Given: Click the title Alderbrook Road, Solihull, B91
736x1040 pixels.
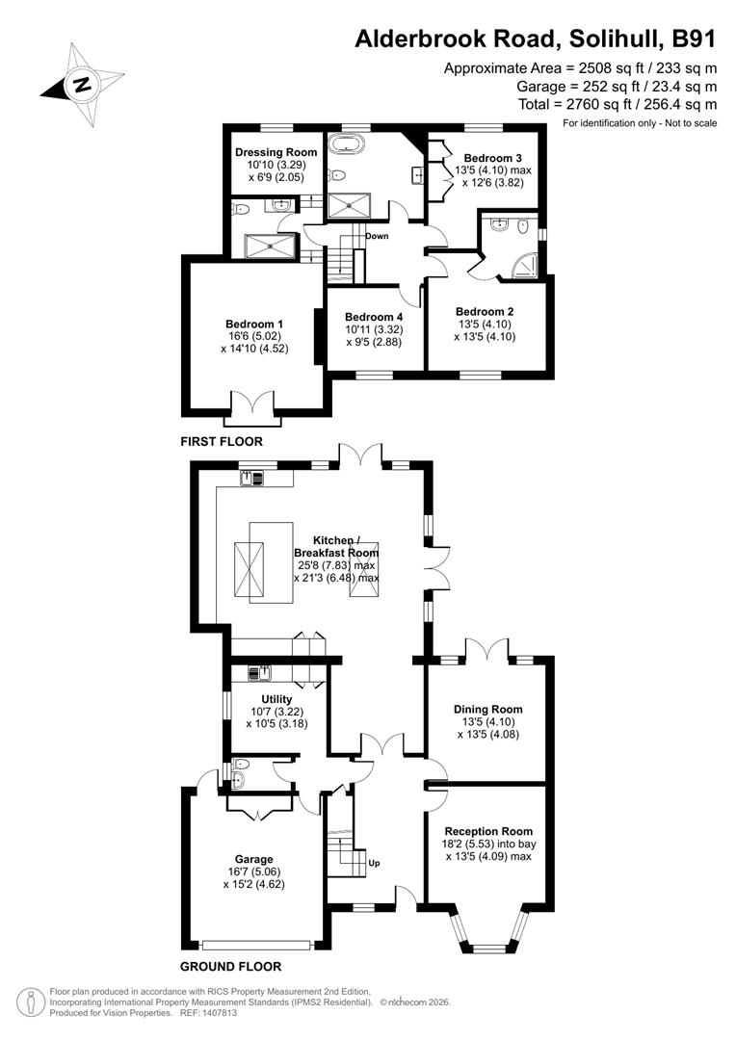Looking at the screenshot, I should point(536,39).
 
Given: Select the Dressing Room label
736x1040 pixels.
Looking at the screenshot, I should point(276,152).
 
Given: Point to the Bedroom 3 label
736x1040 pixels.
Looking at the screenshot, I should point(493,158).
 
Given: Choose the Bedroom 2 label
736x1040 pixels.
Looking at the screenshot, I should point(485,311).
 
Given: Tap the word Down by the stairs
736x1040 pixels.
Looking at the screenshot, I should point(377,235).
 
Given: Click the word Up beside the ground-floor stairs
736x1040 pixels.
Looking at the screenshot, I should point(375,864).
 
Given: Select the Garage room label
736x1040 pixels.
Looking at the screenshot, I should point(254,859).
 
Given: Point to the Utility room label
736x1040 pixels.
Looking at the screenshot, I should point(276,699).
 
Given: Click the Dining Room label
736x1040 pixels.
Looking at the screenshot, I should point(488,710).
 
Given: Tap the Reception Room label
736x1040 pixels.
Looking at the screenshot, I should point(488,831).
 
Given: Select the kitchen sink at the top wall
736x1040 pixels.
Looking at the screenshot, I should point(252,476).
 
